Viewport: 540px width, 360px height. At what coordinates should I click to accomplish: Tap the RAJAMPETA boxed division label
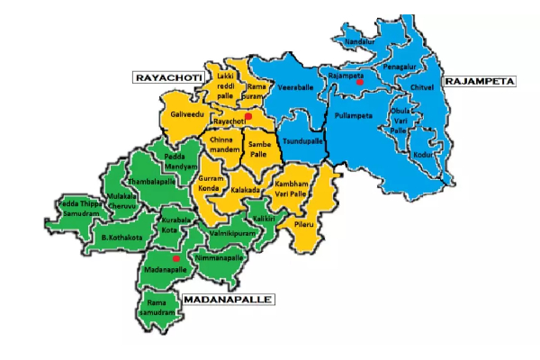[484, 81]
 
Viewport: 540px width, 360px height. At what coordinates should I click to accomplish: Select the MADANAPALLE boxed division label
[227, 297]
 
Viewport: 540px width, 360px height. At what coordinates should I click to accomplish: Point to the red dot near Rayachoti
[248, 115]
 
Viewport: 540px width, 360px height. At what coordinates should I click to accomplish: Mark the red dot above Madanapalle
[176, 259]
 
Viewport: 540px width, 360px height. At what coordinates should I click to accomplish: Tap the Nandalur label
[359, 41]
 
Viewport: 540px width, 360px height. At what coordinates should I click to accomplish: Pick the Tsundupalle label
[302, 141]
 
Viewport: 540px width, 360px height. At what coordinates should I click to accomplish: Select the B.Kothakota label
[116, 238]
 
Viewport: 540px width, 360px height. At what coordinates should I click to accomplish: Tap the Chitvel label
[421, 86]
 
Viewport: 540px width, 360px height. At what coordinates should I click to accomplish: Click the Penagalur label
[399, 67]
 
